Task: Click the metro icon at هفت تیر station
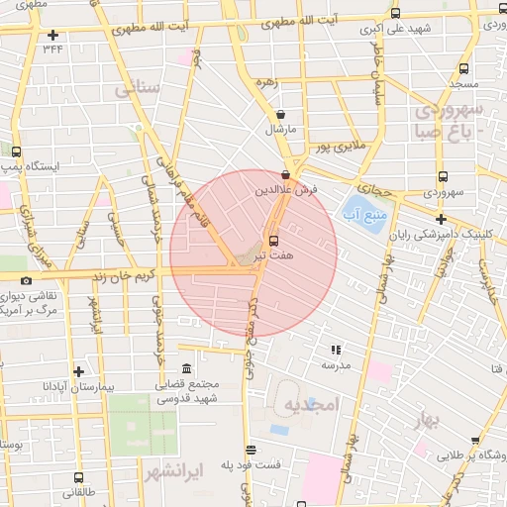coord(274,241)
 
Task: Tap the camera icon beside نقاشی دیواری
coord(27,281)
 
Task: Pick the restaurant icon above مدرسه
coord(335,349)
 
